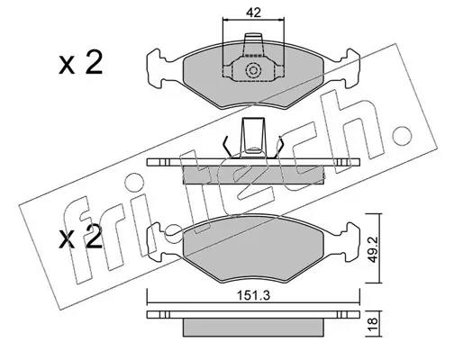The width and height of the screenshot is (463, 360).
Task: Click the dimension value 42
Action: click(253, 13)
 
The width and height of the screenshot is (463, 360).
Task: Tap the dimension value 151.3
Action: click(254, 295)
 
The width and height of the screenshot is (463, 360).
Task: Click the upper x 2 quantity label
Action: click(80, 62)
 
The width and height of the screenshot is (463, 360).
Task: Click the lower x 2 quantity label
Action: click(80, 237)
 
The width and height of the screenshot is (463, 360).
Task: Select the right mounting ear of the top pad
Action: click(349, 68)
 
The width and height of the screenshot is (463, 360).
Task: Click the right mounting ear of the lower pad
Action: click(349, 242)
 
